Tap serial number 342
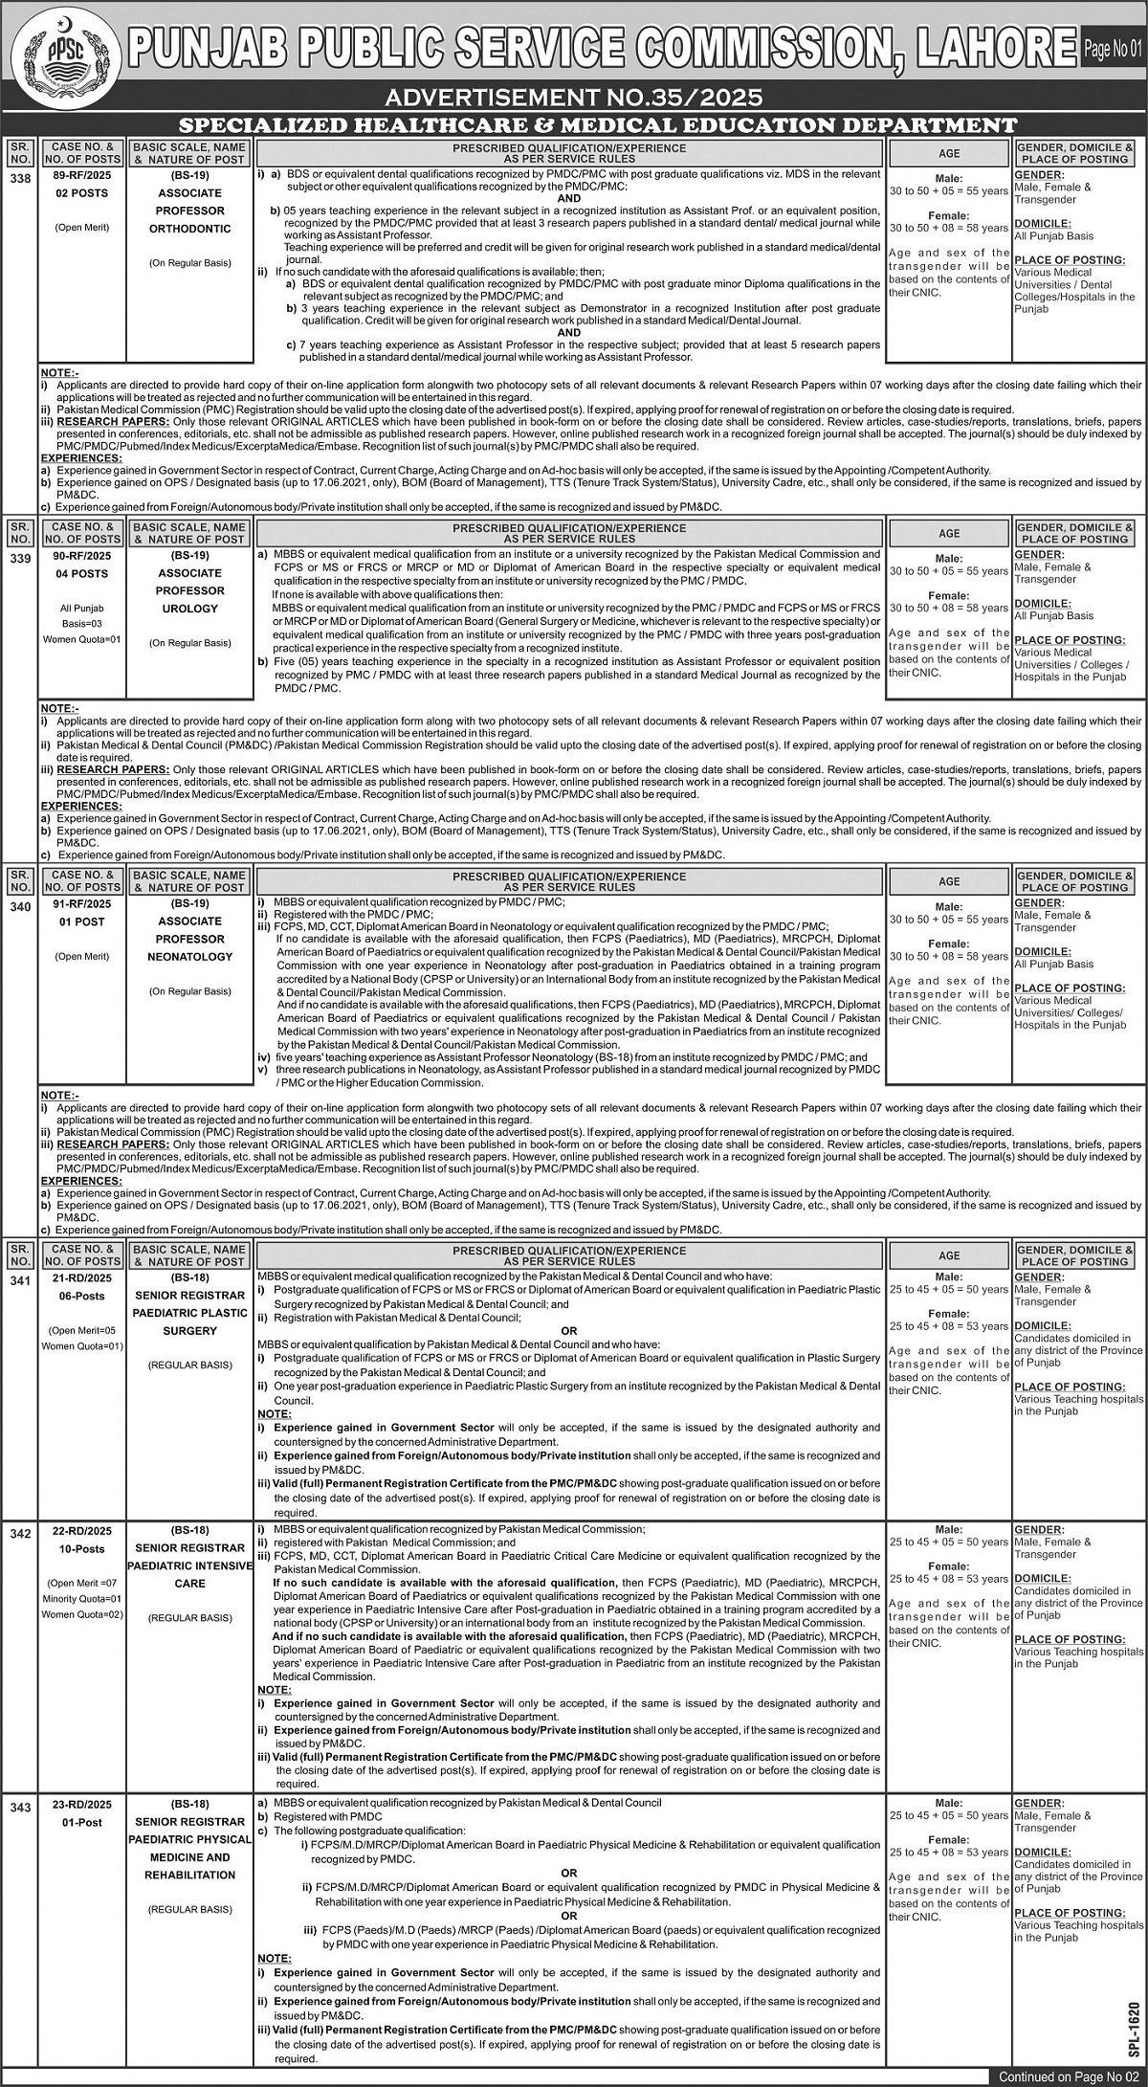(x=19, y=1532)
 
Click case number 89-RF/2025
(x=81, y=175)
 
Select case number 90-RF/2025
(x=81, y=556)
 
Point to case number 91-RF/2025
(x=81, y=904)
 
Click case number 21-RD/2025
(x=81, y=1278)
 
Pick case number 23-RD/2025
(x=81, y=1805)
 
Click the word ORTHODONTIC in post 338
(x=189, y=229)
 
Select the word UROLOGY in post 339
(x=189, y=609)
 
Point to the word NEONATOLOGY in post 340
(x=189, y=956)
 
